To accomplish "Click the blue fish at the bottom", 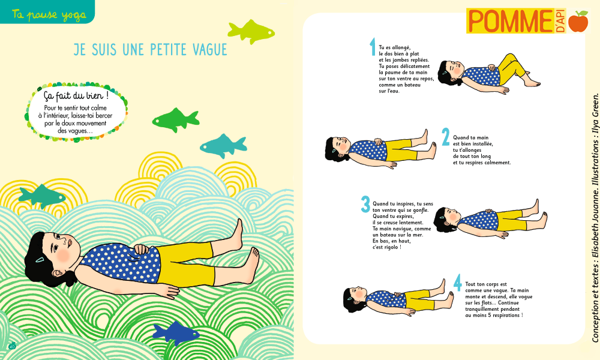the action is tap(176, 334).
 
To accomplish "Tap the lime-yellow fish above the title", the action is tap(251, 31).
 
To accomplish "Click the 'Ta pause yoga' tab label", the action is tap(49, 14).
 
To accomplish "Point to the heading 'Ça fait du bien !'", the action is tap(76, 95).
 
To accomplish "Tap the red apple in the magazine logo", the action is tap(578, 21).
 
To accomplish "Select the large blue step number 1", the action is tap(373, 47).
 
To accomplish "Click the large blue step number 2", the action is tap(445, 137).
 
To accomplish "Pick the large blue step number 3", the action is tap(365, 204).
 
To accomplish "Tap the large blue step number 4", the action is tap(458, 283).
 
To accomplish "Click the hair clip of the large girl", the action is tap(40, 260).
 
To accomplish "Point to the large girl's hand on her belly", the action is tap(141, 249).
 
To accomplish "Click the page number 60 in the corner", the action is tap(12, 346).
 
